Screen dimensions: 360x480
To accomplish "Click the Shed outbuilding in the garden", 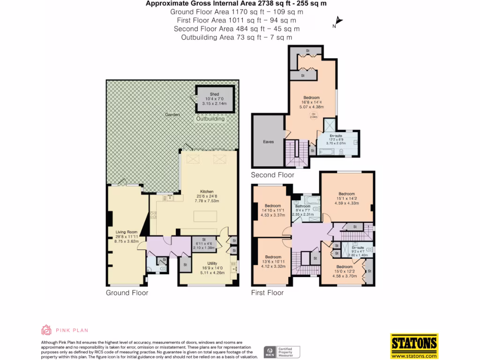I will [214, 99].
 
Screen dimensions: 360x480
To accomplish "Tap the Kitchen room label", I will [207, 192].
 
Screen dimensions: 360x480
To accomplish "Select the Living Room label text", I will [126, 232].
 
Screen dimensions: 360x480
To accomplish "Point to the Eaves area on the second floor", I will [268, 141].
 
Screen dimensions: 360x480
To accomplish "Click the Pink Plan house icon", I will [46, 330].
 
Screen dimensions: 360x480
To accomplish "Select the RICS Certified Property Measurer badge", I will [282, 352].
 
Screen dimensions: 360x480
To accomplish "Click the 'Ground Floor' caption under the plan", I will [127, 293].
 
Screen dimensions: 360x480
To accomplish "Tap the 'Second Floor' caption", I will [272, 175].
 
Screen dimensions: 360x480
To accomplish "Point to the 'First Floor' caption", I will [267, 293].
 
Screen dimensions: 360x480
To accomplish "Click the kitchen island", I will [206, 216].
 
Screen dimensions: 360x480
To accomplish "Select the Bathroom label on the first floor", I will [303, 206].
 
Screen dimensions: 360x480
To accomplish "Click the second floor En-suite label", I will [336, 135].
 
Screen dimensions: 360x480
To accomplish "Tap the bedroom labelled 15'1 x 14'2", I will [347, 194].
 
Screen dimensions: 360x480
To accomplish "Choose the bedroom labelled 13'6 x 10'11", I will [273, 257].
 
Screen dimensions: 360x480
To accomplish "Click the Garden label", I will [172, 114].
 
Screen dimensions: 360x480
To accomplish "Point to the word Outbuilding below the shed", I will [210, 119].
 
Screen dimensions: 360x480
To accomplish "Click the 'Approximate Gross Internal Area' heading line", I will [236, 4].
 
